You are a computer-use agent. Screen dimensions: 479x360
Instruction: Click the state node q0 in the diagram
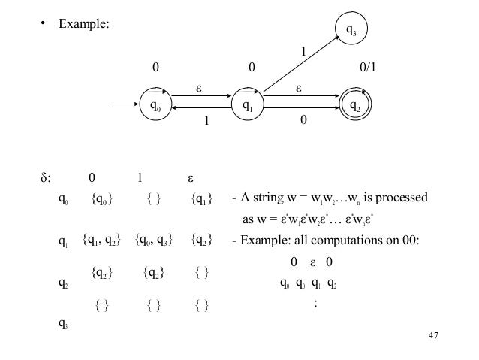point(155,107)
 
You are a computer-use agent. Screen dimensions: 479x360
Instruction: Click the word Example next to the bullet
point(85,25)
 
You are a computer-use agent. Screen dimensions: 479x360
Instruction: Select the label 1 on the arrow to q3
point(303,53)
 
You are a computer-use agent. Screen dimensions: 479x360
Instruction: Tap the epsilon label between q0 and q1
point(200,87)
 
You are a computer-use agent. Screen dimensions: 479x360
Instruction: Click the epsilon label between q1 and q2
point(298,87)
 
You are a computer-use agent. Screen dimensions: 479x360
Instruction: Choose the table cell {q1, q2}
point(103,241)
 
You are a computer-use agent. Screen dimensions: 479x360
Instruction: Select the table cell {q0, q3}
point(155,241)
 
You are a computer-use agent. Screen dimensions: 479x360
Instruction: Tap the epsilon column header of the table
point(191,179)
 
